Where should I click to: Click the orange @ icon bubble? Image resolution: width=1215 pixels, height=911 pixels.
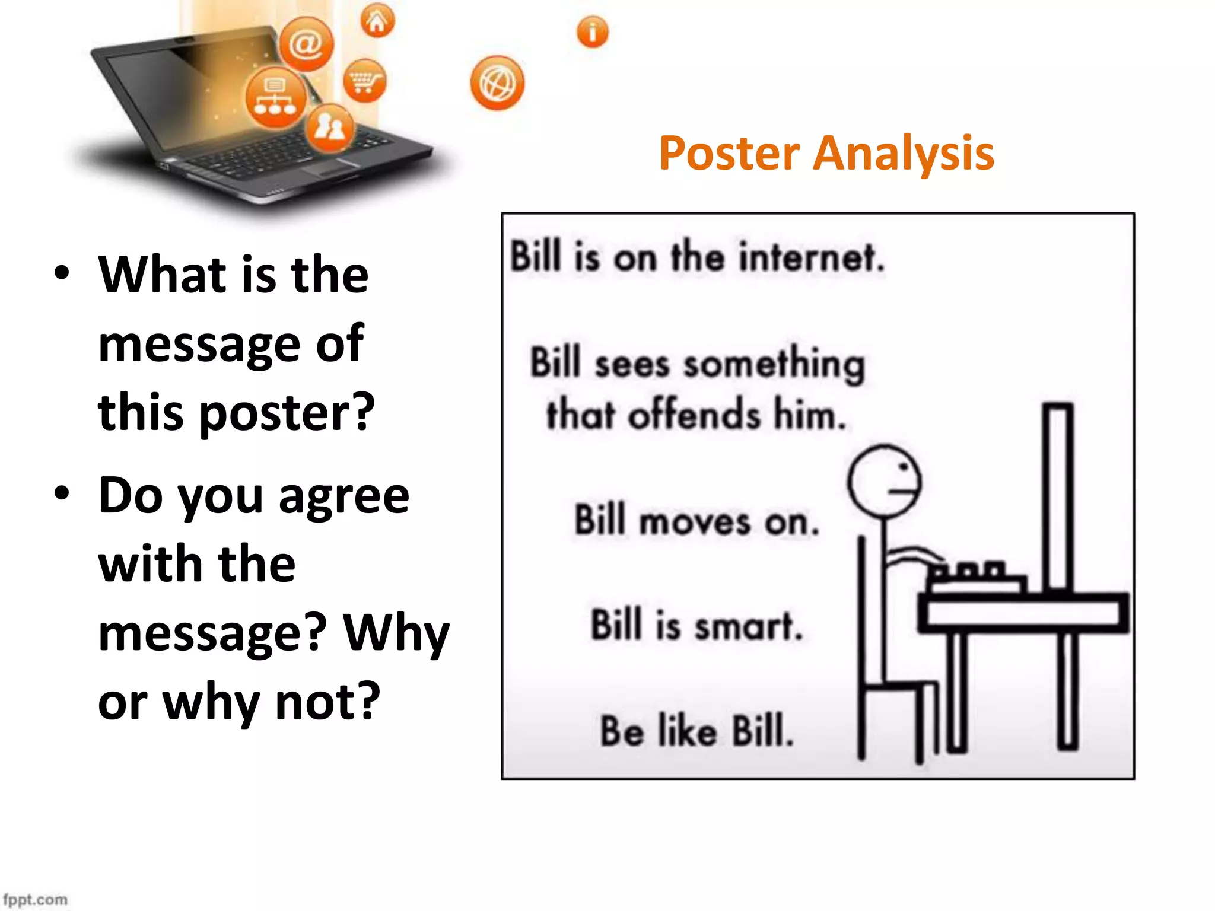tap(306, 44)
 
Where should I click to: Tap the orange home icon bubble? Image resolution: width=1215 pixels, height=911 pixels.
tap(377, 21)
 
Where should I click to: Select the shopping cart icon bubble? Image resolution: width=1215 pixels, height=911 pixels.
tap(364, 81)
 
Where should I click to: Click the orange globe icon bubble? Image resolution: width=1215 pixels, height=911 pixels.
tap(497, 83)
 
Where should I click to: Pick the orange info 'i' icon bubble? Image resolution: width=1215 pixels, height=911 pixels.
tap(592, 32)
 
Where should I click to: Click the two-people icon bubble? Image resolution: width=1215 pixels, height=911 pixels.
tap(330, 128)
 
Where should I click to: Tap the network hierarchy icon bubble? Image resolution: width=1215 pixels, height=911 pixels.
tap(275, 98)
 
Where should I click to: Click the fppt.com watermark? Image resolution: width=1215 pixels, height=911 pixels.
tap(36, 900)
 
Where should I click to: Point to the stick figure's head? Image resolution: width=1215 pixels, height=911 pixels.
tap(884, 482)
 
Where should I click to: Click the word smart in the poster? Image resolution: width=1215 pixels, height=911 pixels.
tap(748, 626)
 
